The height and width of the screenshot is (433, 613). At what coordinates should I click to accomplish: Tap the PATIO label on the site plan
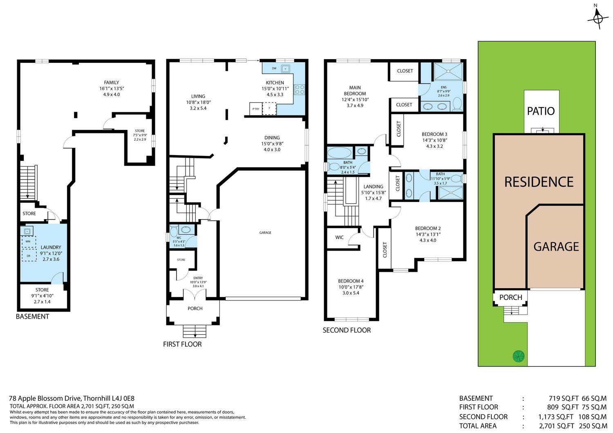541,111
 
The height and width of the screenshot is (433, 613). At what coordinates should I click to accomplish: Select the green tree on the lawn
519,356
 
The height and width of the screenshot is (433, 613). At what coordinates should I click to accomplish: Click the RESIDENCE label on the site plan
539,182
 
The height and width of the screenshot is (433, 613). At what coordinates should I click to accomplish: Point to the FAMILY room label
112,82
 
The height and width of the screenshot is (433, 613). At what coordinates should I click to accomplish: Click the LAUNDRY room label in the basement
51,247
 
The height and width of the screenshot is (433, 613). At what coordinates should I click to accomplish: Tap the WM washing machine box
28,242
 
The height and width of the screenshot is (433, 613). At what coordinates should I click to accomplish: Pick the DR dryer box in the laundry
29,255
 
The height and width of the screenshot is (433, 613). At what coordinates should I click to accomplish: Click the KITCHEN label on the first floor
275,83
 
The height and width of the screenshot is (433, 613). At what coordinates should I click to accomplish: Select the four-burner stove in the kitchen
299,90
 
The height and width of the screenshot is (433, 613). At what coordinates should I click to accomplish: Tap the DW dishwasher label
274,68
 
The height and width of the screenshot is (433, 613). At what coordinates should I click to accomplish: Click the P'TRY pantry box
255,109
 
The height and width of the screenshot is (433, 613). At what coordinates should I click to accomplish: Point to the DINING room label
272,138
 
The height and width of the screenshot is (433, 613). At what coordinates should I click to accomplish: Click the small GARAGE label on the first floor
265,233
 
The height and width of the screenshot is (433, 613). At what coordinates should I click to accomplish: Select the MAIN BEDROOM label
355,91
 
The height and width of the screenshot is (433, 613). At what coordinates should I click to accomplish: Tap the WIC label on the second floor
339,238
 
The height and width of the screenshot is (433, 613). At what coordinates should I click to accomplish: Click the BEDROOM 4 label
351,281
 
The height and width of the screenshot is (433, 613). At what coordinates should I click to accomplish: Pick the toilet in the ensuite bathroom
457,104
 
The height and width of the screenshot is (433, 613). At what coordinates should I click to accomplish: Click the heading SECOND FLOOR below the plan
347,330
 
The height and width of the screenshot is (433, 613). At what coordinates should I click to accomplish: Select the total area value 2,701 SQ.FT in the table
556,426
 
